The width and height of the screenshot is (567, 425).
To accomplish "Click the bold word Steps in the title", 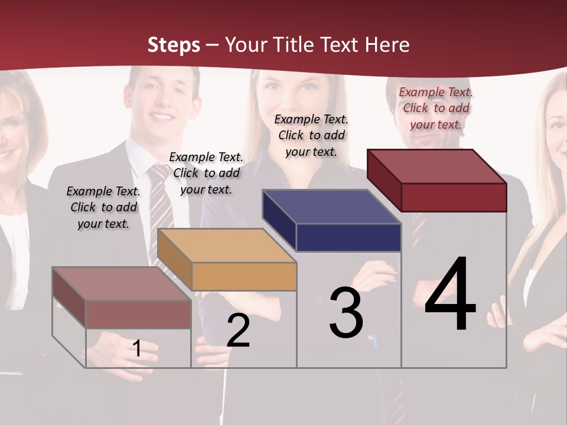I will (174, 45).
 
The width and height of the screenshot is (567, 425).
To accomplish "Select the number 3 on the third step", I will (346, 313).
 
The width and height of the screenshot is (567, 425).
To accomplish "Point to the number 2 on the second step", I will (239, 331).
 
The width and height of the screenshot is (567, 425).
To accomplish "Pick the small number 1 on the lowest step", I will (137, 349).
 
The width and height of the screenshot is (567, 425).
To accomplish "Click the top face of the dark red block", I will (437, 166).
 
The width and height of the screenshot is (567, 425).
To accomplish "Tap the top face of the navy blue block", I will (332, 207).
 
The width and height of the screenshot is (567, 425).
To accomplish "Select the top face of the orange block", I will (227, 246).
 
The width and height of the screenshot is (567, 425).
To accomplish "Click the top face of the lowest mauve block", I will (122, 284).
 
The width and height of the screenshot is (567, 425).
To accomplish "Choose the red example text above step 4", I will (436, 108).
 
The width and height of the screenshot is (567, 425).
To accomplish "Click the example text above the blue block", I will (311, 135).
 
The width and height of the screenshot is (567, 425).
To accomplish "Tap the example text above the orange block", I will (206, 173).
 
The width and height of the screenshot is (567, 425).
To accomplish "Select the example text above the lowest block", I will (103, 207).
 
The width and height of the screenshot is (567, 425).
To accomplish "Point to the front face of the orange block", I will (244, 276).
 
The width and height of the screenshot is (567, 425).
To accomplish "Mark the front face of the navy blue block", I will (348, 238).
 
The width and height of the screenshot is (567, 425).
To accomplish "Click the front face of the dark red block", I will (454, 197).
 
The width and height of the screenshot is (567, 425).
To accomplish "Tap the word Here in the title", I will (388, 45).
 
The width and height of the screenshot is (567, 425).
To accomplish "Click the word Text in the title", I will (343, 45).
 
